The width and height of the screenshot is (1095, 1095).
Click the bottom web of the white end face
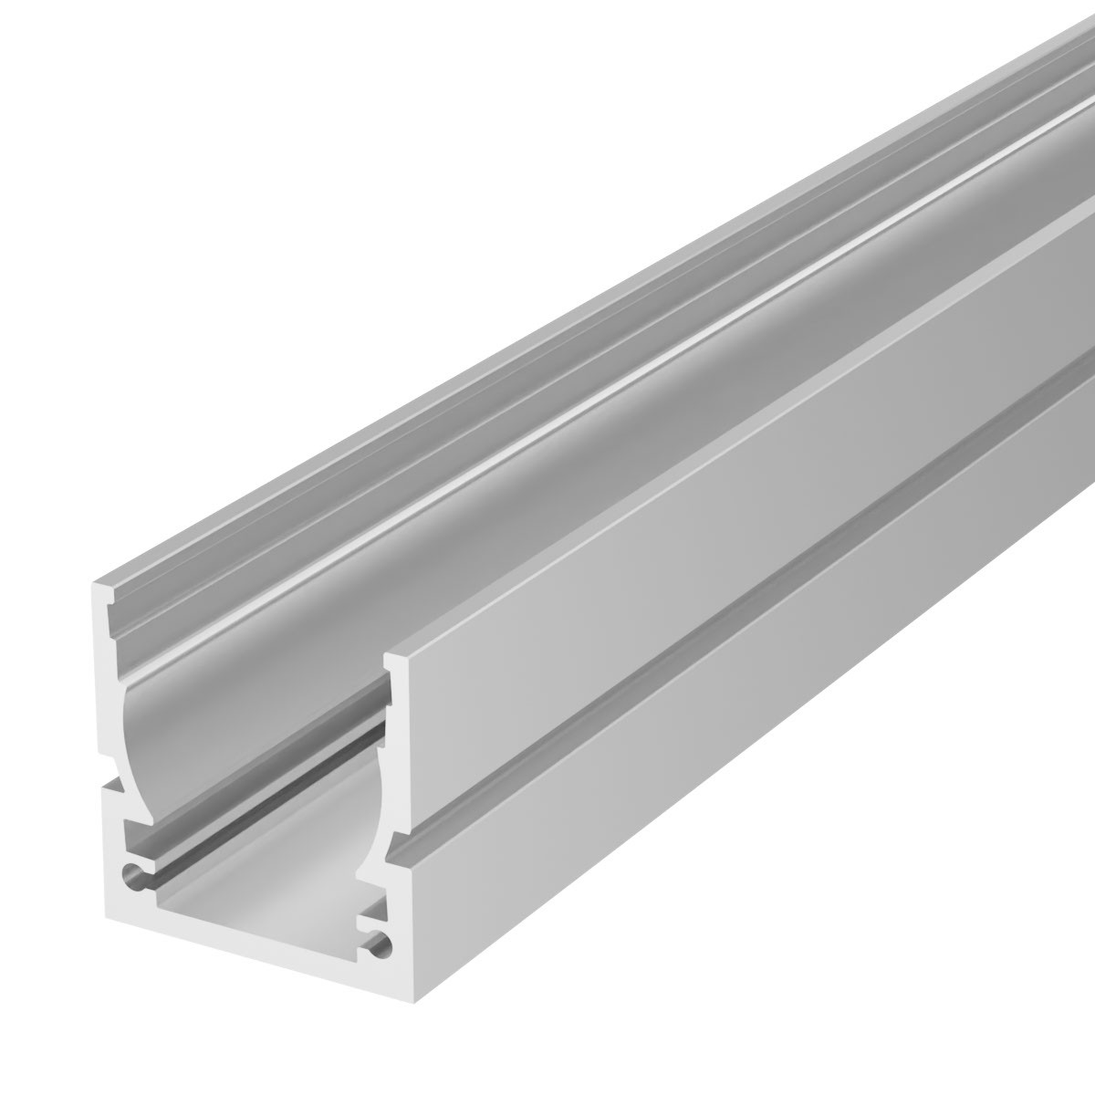pyautogui.click(x=246, y=949)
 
